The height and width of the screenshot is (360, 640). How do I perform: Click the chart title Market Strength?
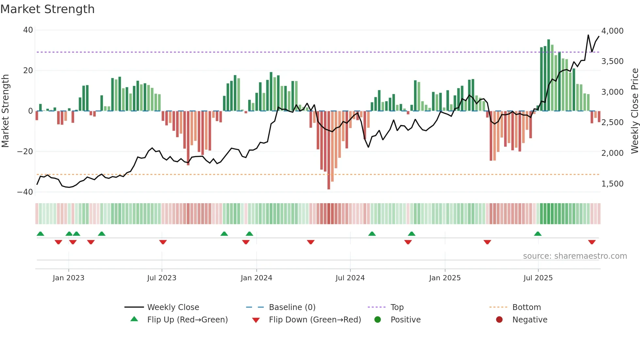[47, 9]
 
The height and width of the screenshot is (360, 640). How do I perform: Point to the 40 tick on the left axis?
[28, 30]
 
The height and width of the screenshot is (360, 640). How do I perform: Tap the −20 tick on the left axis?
[25, 152]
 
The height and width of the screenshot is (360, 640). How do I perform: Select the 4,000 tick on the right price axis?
[612, 31]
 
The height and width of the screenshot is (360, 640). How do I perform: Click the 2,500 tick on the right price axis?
[612, 123]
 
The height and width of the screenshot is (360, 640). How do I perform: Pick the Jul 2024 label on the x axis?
[350, 278]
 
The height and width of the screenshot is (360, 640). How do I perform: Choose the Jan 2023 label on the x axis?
[69, 278]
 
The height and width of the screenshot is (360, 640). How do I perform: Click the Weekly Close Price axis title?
[634, 111]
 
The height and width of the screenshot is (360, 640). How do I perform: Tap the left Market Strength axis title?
[5, 111]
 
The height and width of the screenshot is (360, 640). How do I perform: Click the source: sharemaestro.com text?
[575, 256]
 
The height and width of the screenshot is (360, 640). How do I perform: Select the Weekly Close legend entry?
[173, 307]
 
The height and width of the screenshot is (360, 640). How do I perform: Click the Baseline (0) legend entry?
[292, 307]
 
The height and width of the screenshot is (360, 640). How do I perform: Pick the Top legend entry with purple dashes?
[397, 307]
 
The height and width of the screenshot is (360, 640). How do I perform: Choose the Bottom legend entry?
[526, 307]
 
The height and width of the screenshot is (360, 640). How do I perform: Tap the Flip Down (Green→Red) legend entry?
[315, 320]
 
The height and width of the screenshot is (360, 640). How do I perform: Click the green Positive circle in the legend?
[378, 320]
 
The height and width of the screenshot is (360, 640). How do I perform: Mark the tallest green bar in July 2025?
[549, 75]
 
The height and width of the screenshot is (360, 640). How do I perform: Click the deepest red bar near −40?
[329, 150]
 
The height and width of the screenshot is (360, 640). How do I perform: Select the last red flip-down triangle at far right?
[592, 242]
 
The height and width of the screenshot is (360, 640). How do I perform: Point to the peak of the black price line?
[588, 35]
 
